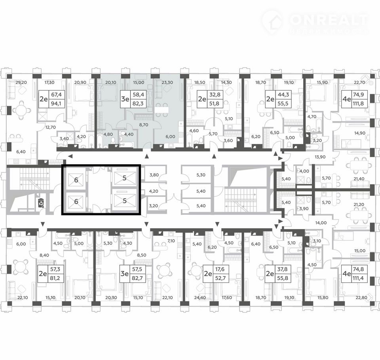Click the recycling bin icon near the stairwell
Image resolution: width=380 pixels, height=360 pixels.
[41, 203]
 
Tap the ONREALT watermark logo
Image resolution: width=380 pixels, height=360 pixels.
[315, 22]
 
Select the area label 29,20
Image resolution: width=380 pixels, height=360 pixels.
[21, 82]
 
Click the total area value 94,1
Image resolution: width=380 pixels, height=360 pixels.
[56, 104]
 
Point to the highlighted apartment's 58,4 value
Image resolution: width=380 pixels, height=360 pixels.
[138, 95]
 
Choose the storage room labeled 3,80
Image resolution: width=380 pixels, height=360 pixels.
[154, 175]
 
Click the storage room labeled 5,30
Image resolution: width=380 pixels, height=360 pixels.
[201, 175]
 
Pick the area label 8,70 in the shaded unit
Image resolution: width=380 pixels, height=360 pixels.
[143, 125]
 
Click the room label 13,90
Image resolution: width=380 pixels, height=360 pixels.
[320, 157]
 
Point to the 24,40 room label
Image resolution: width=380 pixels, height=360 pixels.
[200, 297]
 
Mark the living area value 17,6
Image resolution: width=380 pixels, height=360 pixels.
[220, 269]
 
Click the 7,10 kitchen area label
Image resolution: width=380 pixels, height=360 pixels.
[171, 241]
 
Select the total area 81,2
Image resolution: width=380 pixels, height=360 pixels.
[55, 278]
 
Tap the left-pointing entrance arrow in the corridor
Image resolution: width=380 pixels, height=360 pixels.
[70, 156]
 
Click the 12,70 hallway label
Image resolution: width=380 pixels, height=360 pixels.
[50, 127]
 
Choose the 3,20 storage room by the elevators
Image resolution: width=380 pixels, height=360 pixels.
[154, 206]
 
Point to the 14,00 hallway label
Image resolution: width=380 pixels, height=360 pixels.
[321, 223]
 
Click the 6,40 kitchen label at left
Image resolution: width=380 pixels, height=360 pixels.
[21, 152]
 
